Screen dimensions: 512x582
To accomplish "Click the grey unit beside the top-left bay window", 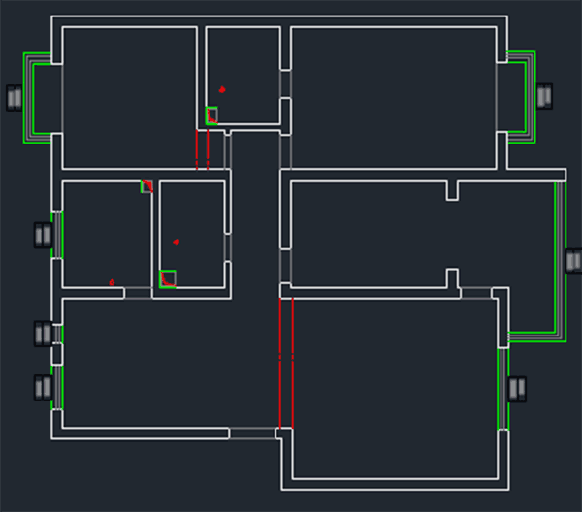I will [x=15, y=97].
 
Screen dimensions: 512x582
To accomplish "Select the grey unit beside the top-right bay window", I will [x=544, y=95].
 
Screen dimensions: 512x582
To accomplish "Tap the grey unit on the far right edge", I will [x=572, y=262].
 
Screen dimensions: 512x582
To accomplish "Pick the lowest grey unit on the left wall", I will [x=43, y=388].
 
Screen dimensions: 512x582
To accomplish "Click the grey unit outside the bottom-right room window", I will [x=516, y=389].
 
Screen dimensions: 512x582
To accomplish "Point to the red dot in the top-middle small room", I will [x=222, y=89].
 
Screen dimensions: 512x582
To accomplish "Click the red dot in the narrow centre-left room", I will [x=177, y=241].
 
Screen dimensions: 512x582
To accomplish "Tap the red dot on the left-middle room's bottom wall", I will [x=112, y=282].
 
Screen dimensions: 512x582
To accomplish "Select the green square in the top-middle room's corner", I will [x=211, y=115].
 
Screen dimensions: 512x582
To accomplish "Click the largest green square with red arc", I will [x=168, y=278].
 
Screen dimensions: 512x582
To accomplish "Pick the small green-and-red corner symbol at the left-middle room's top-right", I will [x=146, y=186].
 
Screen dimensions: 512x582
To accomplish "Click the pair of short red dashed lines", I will [x=202, y=150].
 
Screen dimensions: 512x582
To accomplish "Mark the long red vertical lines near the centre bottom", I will [x=286, y=364].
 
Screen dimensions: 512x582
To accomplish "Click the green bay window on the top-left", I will [x=37, y=97].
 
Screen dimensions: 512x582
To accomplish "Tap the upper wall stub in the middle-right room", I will [x=452, y=190].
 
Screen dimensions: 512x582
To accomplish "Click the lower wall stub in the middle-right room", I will [x=452, y=277].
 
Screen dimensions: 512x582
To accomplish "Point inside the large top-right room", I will [x=393, y=97].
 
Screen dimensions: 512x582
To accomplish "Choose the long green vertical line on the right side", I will [x=560, y=257].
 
